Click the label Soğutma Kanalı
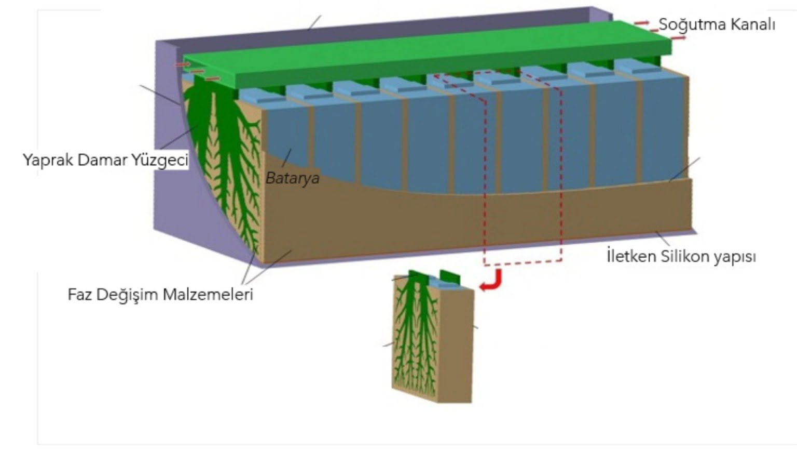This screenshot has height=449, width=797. (x=717, y=24)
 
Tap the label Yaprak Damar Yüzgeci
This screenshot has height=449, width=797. (x=105, y=160)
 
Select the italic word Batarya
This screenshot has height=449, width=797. (x=293, y=178)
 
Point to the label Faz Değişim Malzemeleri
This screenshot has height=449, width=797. (x=160, y=295)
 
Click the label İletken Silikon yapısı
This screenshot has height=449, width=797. (x=681, y=256)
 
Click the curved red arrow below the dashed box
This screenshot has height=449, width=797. (x=492, y=281)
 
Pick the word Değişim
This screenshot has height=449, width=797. (x=130, y=295)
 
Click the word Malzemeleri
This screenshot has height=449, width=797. (x=208, y=295)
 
